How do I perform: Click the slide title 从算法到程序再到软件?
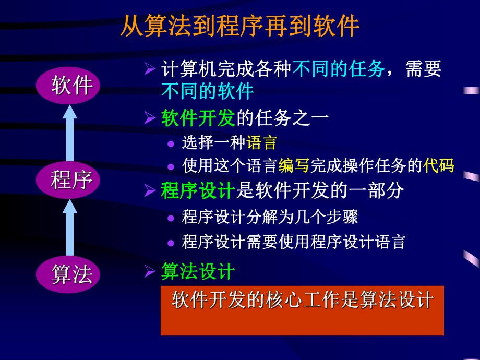(x=239, y=26)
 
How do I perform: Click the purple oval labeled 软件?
(x=72, y=85)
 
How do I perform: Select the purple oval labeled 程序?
(x=72, y=180)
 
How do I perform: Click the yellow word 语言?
(x=261, y=142)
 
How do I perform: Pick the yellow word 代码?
(x=439, y=165)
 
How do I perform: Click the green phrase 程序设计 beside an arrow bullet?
(x=198, y=191)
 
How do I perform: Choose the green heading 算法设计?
(x=198, y=271)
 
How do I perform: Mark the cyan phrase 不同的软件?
(x=207, y=92)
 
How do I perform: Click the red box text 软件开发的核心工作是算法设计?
(x=302, y=301)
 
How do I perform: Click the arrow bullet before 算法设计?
(x=150, y=272)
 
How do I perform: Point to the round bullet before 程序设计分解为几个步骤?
(x=171, y=217)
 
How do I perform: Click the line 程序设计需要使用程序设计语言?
(x=294, y=242)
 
